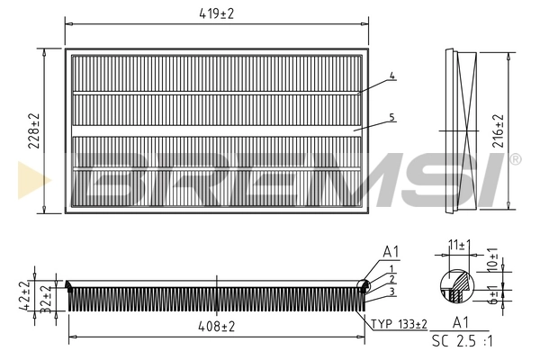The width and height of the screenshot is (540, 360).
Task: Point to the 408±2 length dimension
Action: [x=216, y=328]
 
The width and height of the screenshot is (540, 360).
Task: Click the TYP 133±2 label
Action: [x=398, y=324]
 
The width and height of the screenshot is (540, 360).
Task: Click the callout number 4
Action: [x=393, y=76]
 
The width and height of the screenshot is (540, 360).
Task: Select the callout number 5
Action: [x=393, y=117]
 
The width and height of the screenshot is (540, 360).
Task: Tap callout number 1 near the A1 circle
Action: [x=392, y=269]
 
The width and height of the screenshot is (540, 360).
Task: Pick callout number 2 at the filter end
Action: [x=392, y=280]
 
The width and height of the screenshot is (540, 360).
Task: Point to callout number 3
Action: [x=392, y=291]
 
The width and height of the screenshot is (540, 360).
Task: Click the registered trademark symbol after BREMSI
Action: [x=514, y=159]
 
